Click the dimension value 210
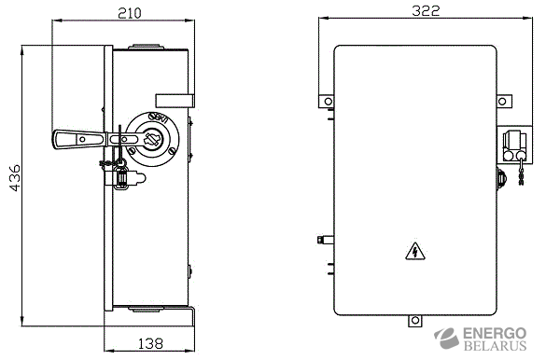tap(130, 13)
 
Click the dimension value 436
tap(15, 178)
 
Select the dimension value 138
tap(150, 343)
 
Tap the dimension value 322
tap(426, 11)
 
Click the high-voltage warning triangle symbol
tap(415, 251)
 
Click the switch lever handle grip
tap(78, 140)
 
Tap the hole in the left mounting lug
tap(328, 102)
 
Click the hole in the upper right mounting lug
tap(502, 102)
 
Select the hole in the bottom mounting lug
tap(414, 320)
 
